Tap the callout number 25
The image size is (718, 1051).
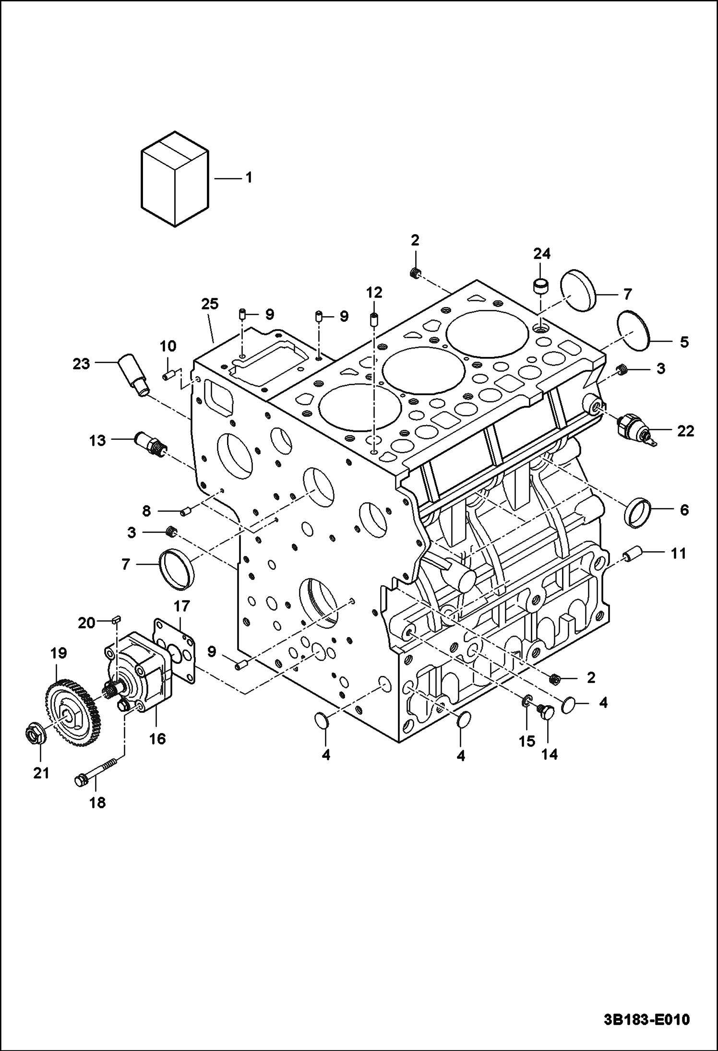point(210,304)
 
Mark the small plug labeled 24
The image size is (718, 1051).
point(541,286)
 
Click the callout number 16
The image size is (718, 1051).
point(157,739)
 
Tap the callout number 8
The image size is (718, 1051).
point(146,511)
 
